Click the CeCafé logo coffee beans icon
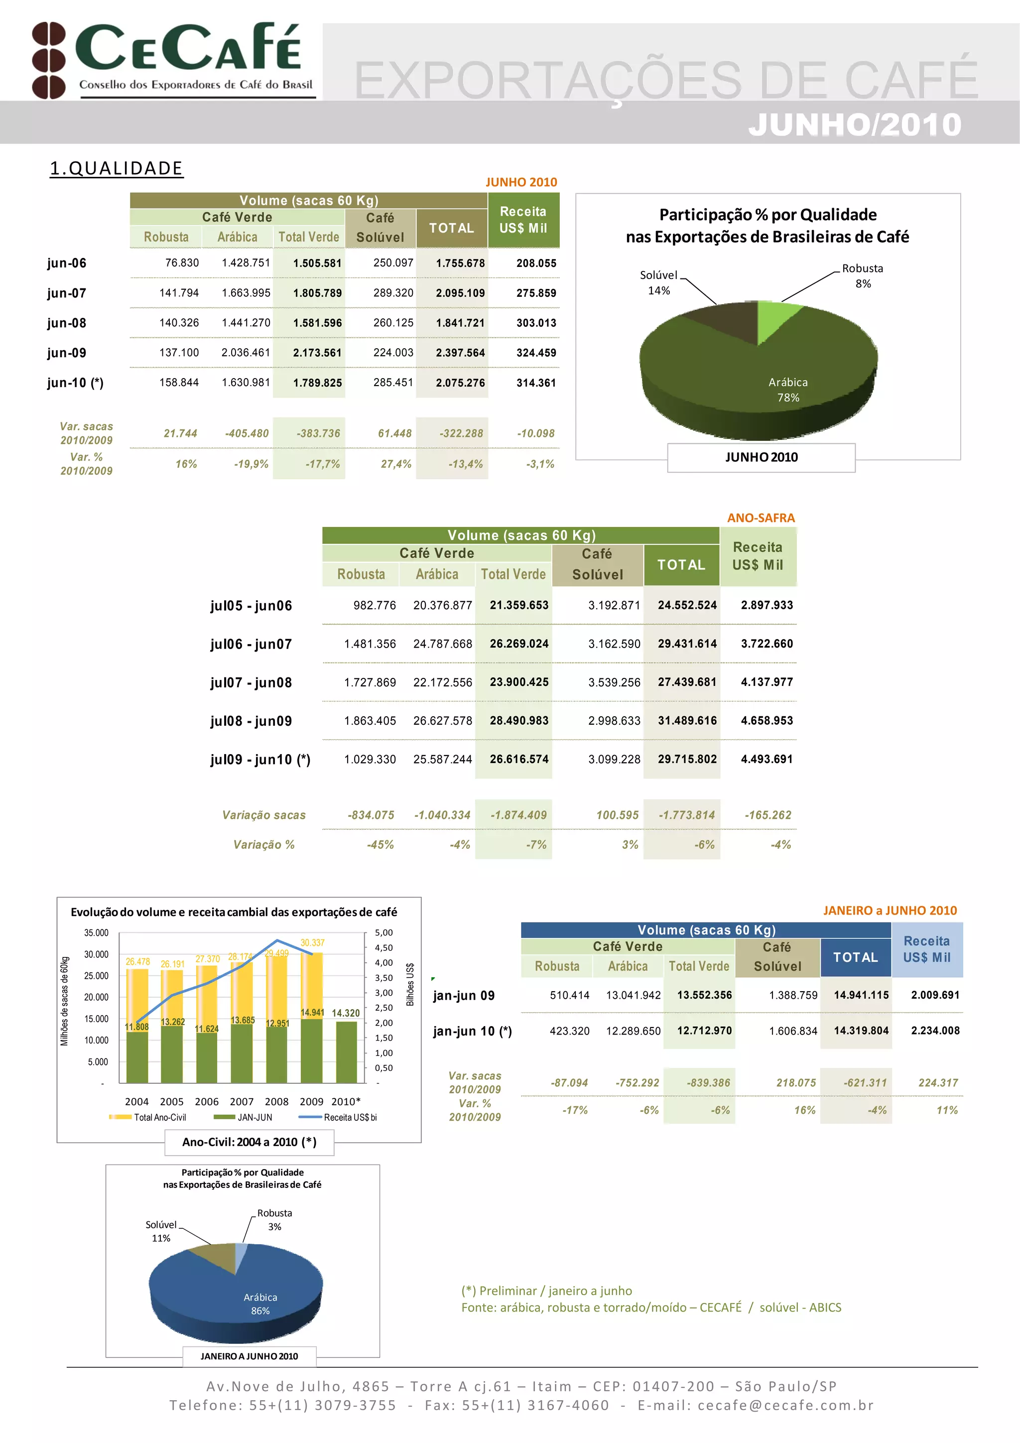(x=48, y=60)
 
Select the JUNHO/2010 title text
(x=855, y=125)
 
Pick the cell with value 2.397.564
(x=460, y=353)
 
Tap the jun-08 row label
(x=67, y=323)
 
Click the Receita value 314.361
(x=536, y=383)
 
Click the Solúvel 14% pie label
(x=658, y=283)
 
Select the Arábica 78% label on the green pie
(x=788, y=390)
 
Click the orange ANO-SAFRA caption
(x=761, y=518)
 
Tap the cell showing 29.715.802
(x=687, y=759)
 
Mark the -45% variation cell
(x=380, y=845)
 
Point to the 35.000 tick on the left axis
(x=96, y=932)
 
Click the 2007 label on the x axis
(x=242, y=1102)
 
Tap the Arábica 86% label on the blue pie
(x=260, y=1304)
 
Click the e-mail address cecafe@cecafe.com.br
(x=785, y=1405)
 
